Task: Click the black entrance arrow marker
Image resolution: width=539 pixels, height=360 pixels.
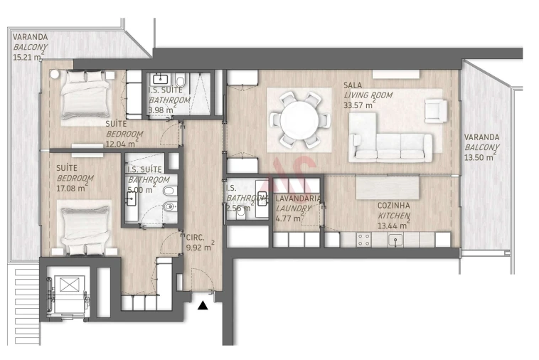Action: [203, 305]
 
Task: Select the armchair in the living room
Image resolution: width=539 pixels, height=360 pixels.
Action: [435, 110]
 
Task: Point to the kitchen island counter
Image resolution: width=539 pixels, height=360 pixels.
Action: [388, 187]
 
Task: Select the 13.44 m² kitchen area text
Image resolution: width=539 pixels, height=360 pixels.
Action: [393, 226]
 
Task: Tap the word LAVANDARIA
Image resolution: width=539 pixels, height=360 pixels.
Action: [299, 198]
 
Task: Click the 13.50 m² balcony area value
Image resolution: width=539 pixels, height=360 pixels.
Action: [479, 158]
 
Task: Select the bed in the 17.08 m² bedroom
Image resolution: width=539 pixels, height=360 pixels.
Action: [84, 228]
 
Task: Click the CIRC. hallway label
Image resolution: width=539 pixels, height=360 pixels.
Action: [194, 238]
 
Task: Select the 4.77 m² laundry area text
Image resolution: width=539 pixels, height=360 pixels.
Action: [290, 218]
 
